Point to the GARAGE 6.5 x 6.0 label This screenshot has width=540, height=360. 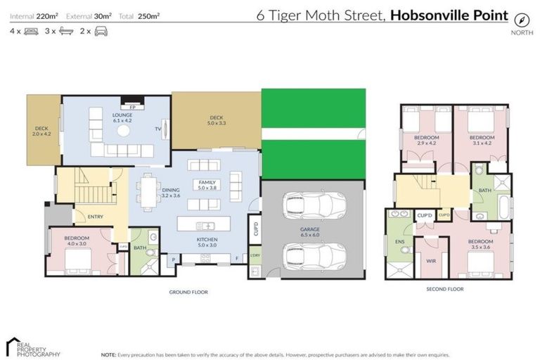point(311,233)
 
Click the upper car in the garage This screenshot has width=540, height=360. point(314,206)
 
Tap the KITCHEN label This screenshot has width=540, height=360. point(207,241)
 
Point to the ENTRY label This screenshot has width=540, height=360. point(96,217)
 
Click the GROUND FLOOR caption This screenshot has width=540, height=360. point(188,292)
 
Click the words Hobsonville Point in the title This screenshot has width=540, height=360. point(449,13)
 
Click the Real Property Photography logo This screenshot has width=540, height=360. point(32,347)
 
